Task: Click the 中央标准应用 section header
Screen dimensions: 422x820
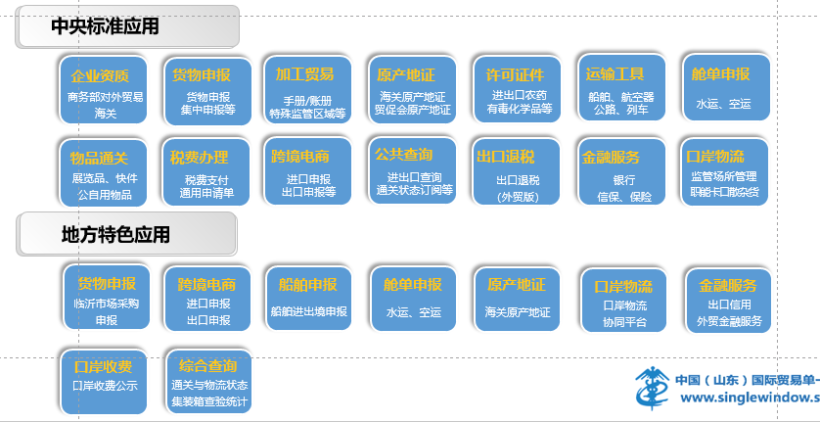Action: (x=127, y=26)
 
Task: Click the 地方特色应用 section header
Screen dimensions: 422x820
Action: (x=126, y=235)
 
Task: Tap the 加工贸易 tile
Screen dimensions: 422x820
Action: (x=306, y=88)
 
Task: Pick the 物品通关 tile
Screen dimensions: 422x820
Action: (x=102, y=171)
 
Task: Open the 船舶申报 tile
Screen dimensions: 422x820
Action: (x=307, y=297)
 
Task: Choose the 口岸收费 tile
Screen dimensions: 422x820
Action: (x=102, y=373)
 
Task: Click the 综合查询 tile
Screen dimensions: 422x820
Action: (x=206, y=377)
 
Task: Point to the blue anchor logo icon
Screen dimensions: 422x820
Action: (x=650, y=389)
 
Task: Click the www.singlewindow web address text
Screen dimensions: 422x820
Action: (x=749, y=398)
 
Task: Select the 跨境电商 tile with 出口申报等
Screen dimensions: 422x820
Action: (x=307, y=171)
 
